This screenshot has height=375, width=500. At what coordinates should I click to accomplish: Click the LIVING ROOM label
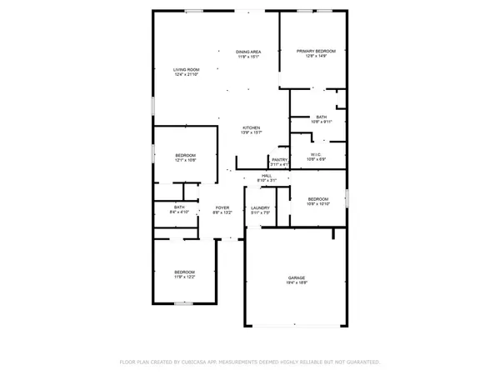coord(186,69)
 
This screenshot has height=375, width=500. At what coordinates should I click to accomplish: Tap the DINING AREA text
coord(250,52)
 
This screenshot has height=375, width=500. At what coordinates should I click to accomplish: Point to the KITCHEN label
coord(251,127)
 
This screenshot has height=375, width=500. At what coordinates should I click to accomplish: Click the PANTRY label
coord(279,159)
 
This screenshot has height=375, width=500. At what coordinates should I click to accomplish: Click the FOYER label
coord(222,207)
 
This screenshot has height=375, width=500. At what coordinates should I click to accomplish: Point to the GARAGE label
coord(297,277)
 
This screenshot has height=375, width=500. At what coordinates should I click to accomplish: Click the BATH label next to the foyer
coord(179,207)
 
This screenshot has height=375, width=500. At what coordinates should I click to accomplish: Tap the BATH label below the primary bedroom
coord(322,117)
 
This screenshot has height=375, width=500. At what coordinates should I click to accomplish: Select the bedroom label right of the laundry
coord(320,198)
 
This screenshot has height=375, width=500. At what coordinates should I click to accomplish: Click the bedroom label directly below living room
coord(185,156)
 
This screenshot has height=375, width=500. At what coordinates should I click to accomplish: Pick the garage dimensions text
coord(297,283)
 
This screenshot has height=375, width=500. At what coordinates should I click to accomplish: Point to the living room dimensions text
coord(186,75)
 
